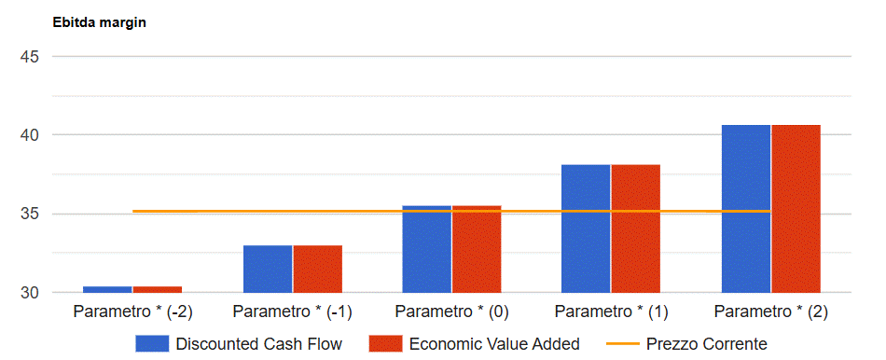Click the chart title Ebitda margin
100,22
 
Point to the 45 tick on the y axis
29,57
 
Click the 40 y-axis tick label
29,135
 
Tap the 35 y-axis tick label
29,215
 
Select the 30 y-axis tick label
29,293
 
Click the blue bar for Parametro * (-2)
107,289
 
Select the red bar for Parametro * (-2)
158,289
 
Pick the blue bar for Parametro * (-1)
268,269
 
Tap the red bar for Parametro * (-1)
317,269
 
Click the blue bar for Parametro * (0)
426,249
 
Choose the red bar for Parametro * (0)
477,249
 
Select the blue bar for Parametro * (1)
586,228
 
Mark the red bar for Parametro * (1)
636,228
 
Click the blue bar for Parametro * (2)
746,209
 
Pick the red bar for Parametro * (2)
796,209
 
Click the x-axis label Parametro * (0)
452,312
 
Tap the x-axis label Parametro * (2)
771,312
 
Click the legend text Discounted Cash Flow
258,343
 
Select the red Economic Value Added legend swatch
385,343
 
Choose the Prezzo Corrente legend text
707,343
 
